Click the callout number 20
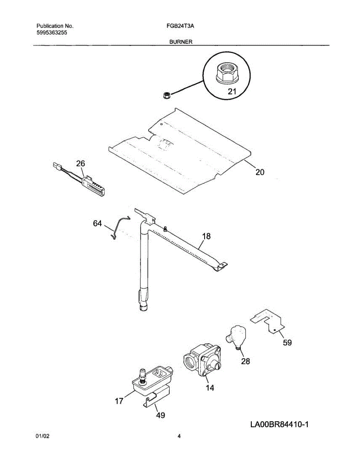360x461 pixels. pos(260,172)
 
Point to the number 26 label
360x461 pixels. pos(80,164)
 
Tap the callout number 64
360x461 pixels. pos(98,223)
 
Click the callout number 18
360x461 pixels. pos(206,236)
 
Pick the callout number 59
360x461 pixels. pos(287,343)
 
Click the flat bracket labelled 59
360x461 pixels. pos(269,321)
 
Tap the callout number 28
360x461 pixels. pos(245,361)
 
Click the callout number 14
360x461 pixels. pos(210,388)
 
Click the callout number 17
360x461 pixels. pos(119,401)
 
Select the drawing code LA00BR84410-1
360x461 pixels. pos(279,425)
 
